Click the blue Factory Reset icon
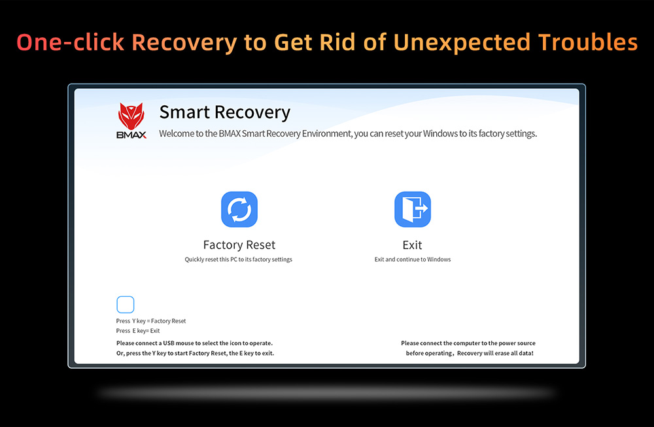(x=239, y=209)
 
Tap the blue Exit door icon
(x=413, y=209)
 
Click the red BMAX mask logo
(x=131, y=116)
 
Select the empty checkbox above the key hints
(x=125, y=305)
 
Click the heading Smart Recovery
(x=225, y=112)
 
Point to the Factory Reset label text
(x=239, y=245)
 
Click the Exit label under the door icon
(x=412, y=245)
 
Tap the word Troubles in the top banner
(x=588, y=42)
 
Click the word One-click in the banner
(x=71, y=42)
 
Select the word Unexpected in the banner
(x=462, y=43)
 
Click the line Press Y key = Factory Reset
(x=151, y=321)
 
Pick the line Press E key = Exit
(x=138, y=331)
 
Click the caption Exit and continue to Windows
(x=413, y=260)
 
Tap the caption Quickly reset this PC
(x=239, y=260)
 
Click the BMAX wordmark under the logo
(x=131, y=135)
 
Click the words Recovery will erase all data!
(x=495, y=353)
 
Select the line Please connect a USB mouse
(x=194, y=343)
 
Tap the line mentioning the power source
(x=468, y=343)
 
